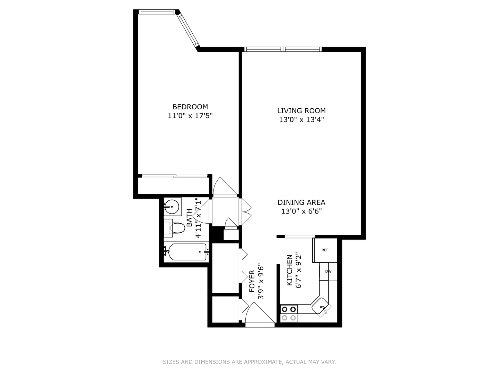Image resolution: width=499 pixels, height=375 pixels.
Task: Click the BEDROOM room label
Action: (x=190, y=107)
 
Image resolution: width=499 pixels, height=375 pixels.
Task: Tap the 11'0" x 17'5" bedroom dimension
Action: (x=190, y=116)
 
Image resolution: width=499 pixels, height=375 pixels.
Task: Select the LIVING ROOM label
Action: (x=301, y=111)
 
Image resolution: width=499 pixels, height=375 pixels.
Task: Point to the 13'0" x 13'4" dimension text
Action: (x=301, y=120)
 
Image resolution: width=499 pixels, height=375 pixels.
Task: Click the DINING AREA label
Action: (x=301, y=202)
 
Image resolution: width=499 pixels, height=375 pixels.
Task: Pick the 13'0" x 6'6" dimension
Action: (x=301, y=211)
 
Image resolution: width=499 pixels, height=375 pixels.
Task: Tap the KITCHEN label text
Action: (x=289, y=270)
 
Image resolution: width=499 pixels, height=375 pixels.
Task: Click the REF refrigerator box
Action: (x=325, y=250)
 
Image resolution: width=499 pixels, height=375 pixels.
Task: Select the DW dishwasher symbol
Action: (x=328, y=272)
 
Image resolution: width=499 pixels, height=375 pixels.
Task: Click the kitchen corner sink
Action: (x=321, y=306)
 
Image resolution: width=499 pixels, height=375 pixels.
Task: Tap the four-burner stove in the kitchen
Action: (x=289, y=313)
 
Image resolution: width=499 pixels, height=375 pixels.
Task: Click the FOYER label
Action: (x=252, y=281)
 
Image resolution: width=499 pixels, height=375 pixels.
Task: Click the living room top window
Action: (x=282, y=49)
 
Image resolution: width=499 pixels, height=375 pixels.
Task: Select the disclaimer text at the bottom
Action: (x=249, y=362)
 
